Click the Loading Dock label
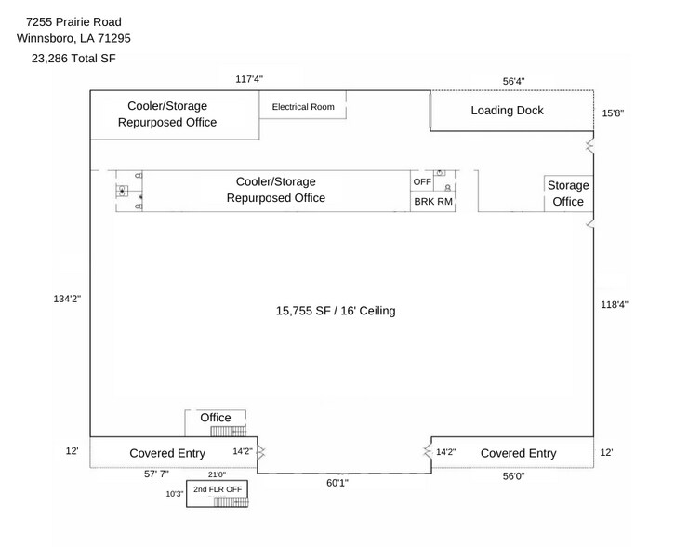coord(507,111)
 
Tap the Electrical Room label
coord(303,107)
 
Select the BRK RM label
coord(432,201)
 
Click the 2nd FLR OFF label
coord(218,488)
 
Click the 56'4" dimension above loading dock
coord(514,81)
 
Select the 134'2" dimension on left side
coord(67,300)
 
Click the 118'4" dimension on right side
coord(615,304)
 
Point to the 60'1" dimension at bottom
coord(337,483)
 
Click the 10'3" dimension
coord(175,494)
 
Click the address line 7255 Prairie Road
coord(73,21)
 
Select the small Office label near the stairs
coord(216,418)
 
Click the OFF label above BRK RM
coord(422,181)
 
